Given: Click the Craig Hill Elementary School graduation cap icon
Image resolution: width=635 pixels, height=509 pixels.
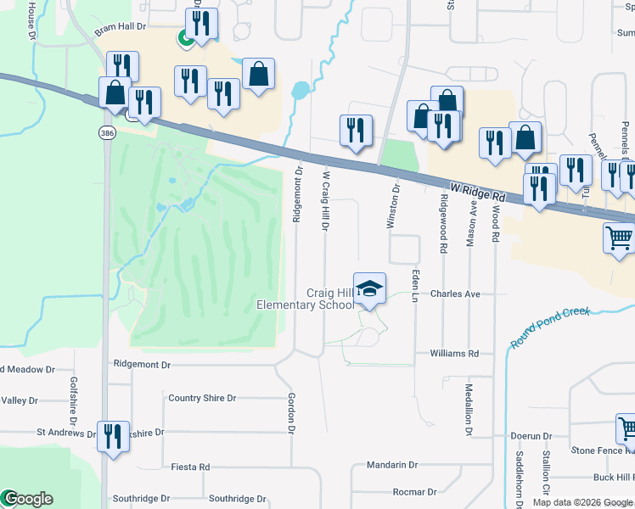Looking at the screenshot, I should click(x=369, y=289).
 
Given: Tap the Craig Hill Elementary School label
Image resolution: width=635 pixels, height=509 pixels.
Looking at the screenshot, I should click(x=305, y=299).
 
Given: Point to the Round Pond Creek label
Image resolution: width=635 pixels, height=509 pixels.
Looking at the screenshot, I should click(x=550, y=326).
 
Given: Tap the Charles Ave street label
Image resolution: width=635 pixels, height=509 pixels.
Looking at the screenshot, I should click(x=455, y=294).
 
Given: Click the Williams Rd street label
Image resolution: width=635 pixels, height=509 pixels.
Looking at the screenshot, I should click(x=454, y=353).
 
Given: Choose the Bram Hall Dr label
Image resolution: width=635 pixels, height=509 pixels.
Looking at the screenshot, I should click(x=121, y=28).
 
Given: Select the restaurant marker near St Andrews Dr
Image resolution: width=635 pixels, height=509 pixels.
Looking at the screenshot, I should click(x=113, y=438).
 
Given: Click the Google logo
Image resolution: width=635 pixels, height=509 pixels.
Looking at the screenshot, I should click(x=27, y=499).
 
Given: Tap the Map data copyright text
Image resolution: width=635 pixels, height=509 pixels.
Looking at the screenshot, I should click(x=582, y=502).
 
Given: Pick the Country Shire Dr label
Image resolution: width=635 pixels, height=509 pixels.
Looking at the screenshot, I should click(x=202, y=398).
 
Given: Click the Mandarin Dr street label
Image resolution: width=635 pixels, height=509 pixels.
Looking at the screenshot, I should click(x=392, y=465).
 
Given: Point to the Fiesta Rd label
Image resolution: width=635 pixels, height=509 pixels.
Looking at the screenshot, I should click(x=190, y=467).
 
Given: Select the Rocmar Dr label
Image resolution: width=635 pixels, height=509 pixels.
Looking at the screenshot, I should click(x=414, y=491).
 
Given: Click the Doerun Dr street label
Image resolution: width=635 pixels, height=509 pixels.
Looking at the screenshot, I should click(x=531, y=436).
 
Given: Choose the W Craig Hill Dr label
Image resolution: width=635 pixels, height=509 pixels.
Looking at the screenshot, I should click(x=324, y=200).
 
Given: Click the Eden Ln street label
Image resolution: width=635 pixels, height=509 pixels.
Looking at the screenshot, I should click(x=415, y=286).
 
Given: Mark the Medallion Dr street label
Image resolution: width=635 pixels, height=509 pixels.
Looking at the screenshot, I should click(x=468, y=408).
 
